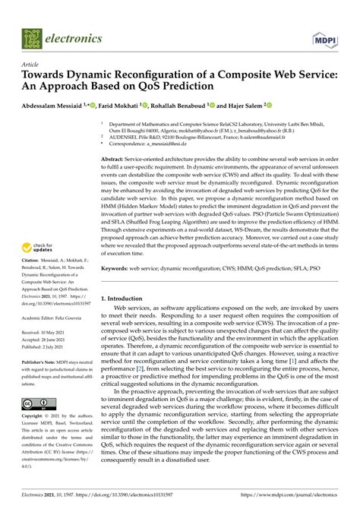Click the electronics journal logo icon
[31, 36]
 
